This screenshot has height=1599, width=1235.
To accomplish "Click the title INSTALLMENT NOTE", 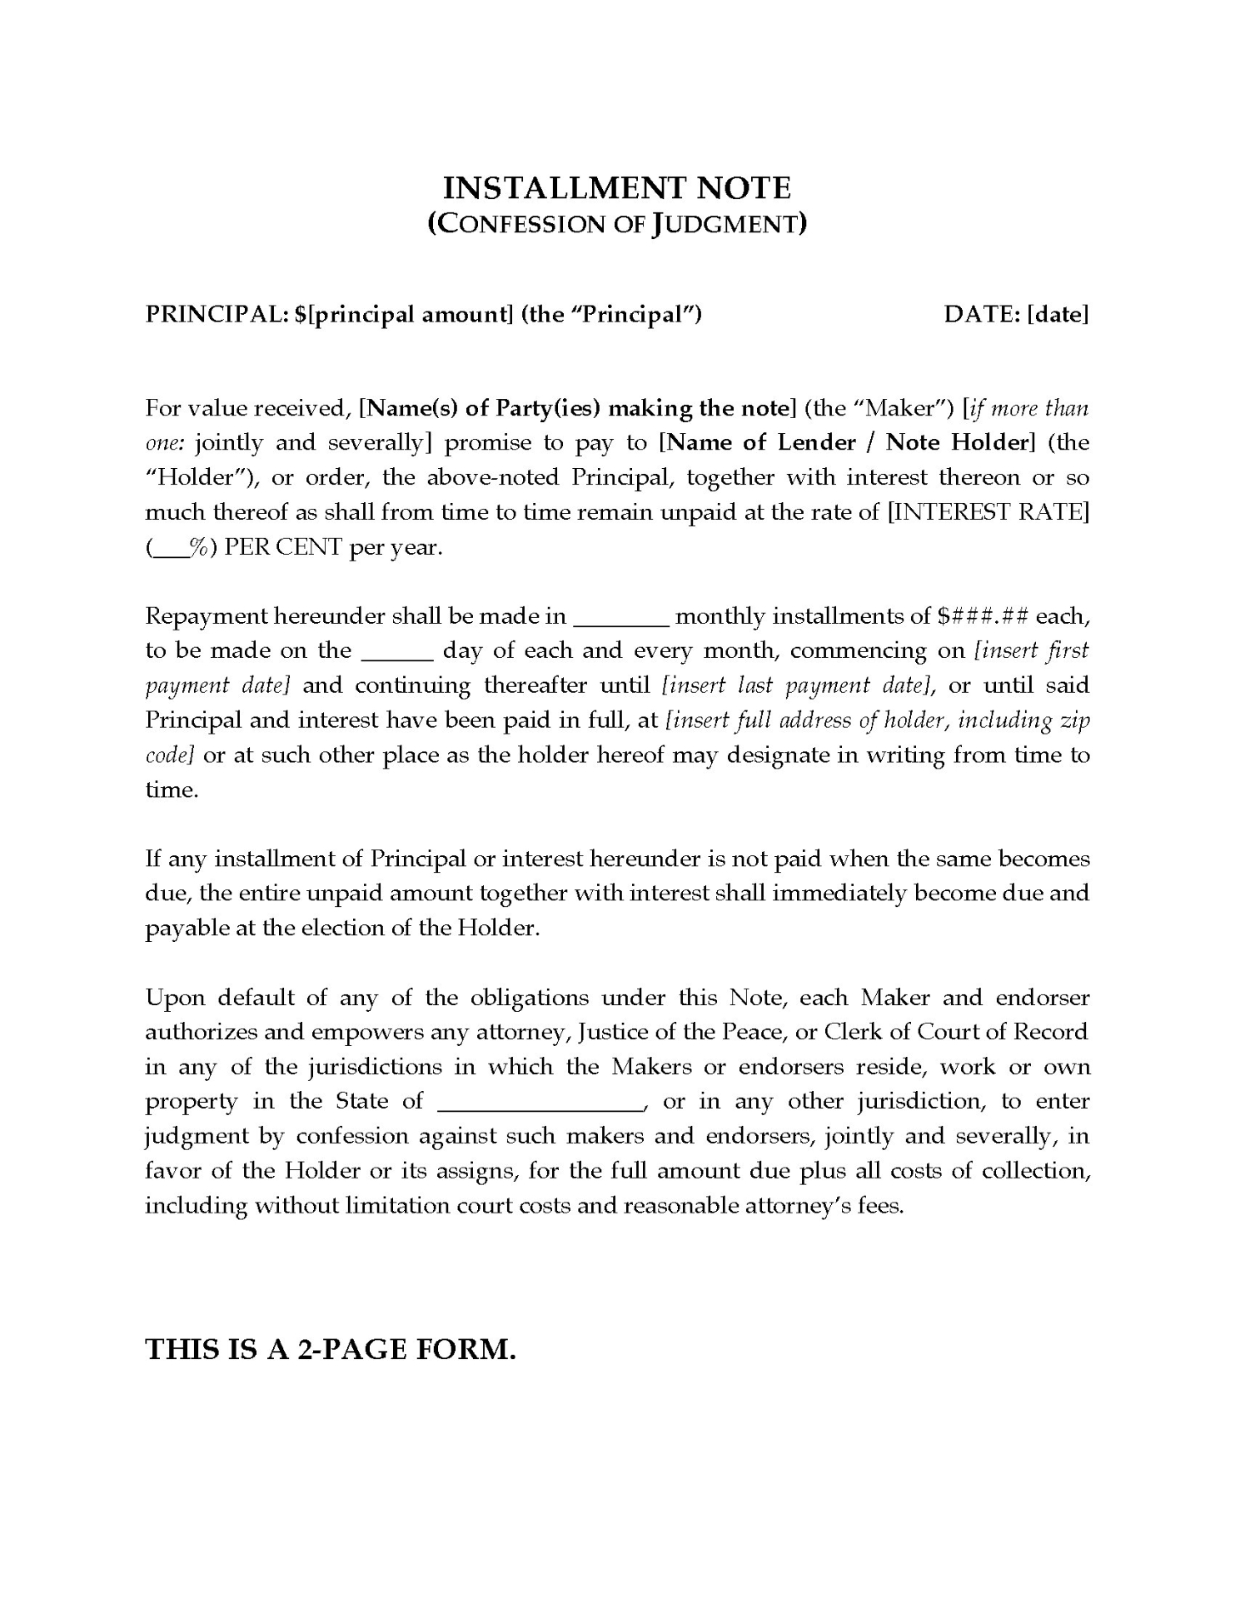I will (x=616, y=188).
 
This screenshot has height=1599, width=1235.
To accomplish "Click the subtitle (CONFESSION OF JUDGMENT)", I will (x=616, y=224).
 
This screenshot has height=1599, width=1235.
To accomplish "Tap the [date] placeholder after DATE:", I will (x=1058, y=315).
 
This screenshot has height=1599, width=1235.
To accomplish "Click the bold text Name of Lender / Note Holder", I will (x=847, y=442).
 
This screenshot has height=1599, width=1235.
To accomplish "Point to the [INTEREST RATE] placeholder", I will (x=988, y=512).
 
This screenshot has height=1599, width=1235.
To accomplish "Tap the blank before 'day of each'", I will (x=397, y=652).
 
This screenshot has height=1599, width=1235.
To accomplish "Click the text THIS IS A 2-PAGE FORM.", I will (x=331, y=1350).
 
